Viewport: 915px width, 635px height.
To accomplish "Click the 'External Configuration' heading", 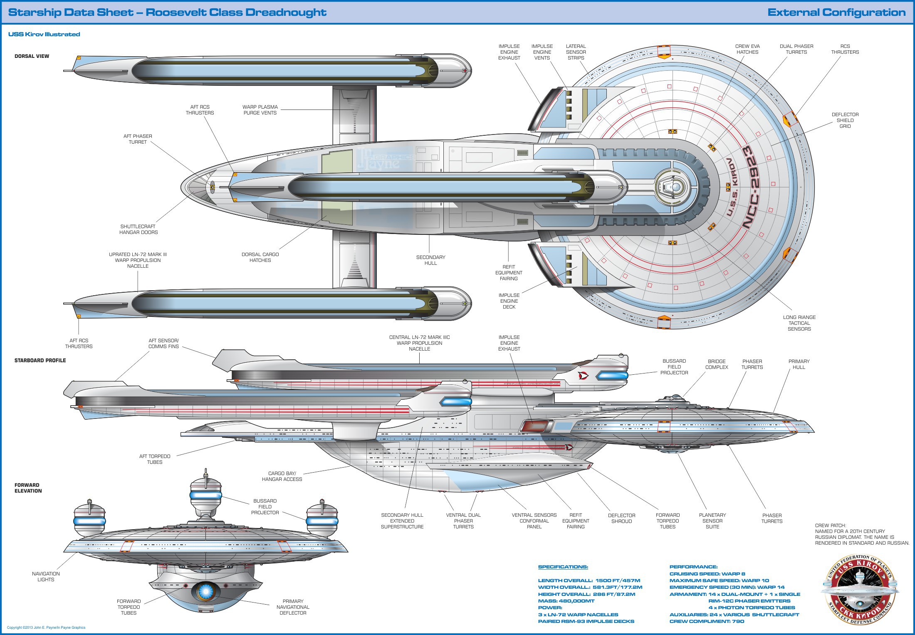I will coord(836,12).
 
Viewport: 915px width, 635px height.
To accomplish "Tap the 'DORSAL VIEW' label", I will coord(32,56).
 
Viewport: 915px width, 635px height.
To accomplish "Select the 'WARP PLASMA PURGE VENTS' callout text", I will coord(260,110).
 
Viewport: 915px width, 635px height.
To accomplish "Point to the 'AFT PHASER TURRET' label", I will coord(138,139).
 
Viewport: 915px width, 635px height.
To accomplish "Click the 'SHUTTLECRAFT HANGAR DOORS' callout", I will coord(138,229).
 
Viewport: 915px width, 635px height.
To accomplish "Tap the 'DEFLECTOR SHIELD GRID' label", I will coord(845,120).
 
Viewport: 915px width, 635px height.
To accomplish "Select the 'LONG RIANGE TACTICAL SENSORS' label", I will coord(799,323).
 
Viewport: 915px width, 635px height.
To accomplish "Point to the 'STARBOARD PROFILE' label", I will coord(40,361).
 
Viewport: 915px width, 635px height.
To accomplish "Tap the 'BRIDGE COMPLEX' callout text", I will coord(717,364).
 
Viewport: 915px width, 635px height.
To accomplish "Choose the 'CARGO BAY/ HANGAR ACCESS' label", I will coord(282,476).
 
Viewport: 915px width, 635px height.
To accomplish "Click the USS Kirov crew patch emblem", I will coord(859,589).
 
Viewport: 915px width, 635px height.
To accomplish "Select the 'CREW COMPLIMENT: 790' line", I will coord(707,621).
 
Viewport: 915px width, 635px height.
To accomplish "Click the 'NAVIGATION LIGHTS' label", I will coord(46,577).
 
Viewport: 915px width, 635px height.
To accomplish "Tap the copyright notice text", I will coord(46,628).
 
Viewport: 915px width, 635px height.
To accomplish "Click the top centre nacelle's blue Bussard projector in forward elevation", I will coord(205,495).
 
